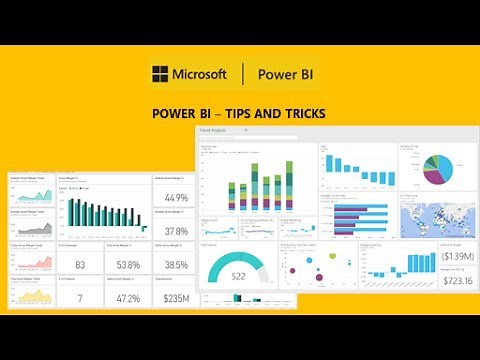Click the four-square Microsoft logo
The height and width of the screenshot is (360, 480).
(159, 74)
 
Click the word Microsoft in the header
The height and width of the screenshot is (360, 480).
(200, 74)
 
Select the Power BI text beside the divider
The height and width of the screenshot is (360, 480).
(288, 74)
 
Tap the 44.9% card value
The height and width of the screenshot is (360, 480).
(176, 196)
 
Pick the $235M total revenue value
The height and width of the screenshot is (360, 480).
(176, 297)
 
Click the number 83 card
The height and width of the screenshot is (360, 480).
(79, 264)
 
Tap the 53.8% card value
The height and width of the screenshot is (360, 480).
(127, 264)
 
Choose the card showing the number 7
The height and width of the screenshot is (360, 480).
(79, 297)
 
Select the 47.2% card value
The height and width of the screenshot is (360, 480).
(127, 297)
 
